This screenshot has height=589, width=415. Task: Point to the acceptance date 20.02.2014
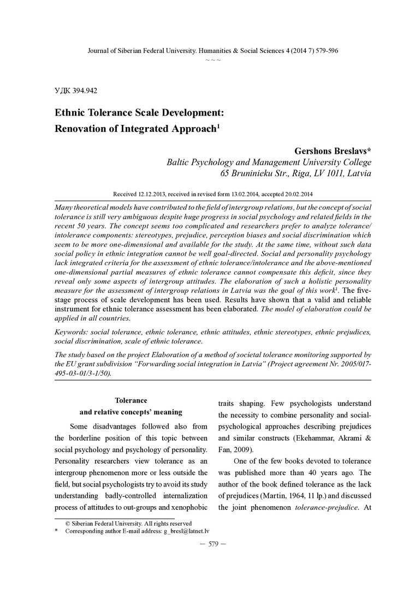point(295,194)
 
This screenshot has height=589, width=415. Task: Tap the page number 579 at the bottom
point(213,544)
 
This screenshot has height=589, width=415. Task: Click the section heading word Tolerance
point(131,400)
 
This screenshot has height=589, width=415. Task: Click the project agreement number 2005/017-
point(349,363)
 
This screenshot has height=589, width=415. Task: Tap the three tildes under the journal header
point(213,59)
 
